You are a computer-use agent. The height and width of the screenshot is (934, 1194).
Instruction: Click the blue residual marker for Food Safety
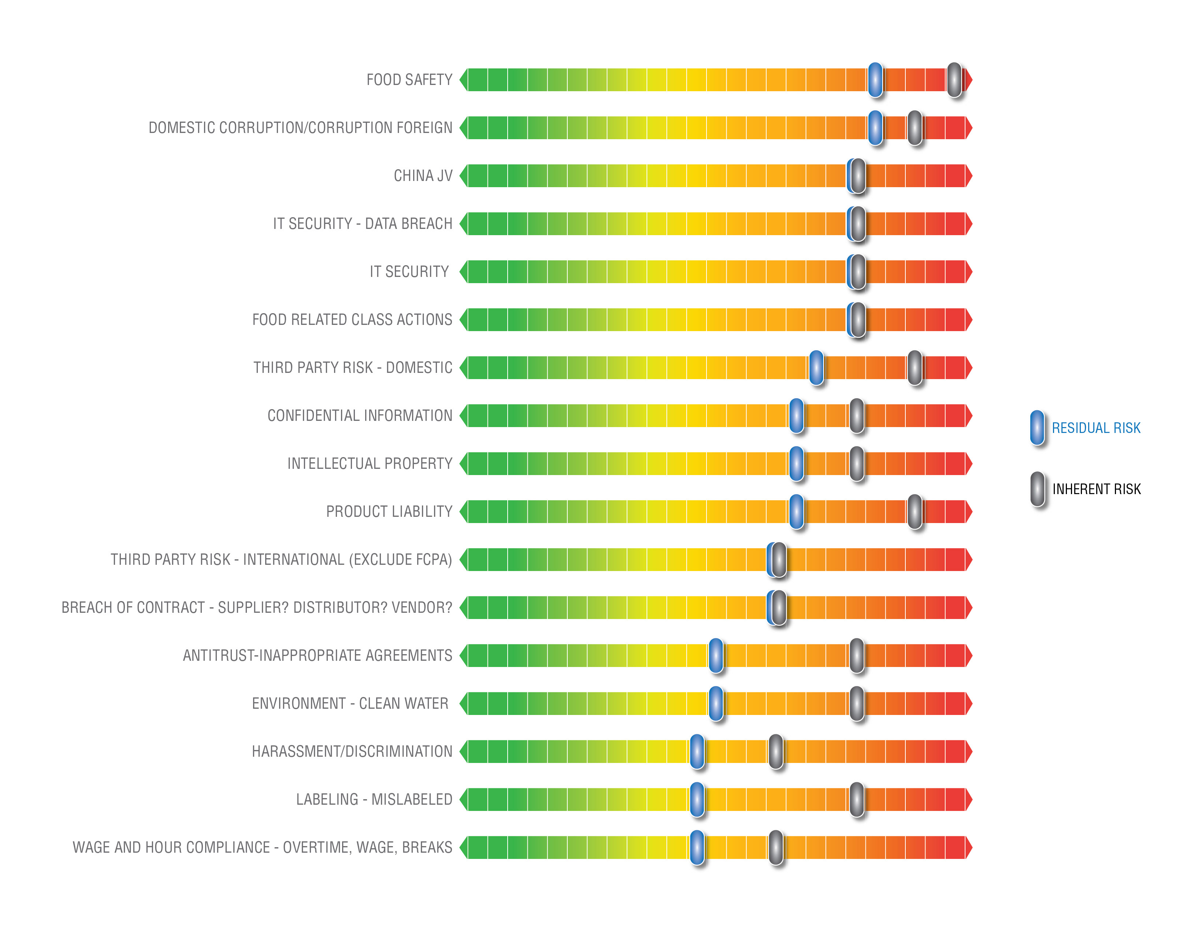(875, 80)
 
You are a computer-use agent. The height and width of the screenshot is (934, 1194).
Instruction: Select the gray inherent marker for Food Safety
(954, 80)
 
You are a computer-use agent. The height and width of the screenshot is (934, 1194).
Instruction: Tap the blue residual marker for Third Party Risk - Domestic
(816, 367)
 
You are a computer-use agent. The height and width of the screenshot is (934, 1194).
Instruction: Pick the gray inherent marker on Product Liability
(915, 511)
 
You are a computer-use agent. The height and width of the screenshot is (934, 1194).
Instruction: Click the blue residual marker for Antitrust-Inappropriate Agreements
(716, 655)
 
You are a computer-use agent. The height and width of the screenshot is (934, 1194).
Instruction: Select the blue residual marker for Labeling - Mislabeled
(697, 800)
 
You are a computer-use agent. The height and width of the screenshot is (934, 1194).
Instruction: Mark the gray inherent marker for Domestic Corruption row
(915, 128)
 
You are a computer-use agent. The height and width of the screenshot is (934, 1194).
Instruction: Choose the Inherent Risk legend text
(1096, 489)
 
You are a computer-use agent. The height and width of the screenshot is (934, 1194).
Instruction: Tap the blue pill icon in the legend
(1037, 428)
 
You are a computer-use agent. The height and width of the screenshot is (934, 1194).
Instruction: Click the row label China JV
(423, 175)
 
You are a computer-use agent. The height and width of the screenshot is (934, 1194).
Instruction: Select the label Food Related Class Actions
(352, 320)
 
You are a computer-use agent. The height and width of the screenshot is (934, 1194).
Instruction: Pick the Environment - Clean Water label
(349, 704)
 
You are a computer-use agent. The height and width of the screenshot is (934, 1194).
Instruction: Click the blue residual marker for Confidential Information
(797, 416)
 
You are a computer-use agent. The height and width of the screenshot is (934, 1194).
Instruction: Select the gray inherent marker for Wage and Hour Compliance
(776, 848)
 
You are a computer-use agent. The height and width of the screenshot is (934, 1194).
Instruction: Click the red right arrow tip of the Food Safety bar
(969, 80)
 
